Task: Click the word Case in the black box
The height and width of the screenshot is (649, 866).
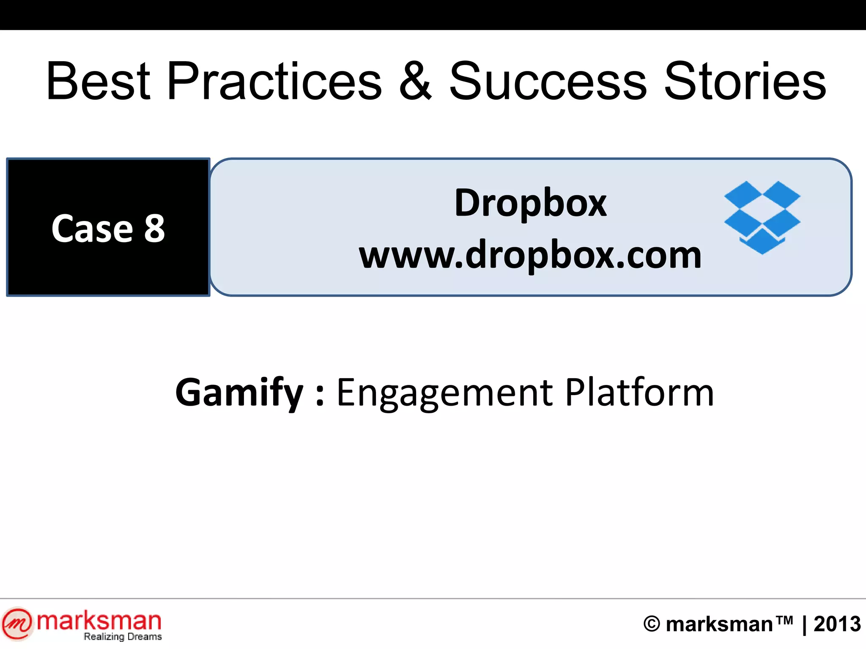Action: point(92,229)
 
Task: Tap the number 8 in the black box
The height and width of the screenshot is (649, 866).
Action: point(154,229)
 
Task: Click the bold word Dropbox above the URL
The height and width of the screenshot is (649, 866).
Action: point(530,203)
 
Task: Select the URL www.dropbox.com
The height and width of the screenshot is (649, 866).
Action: point(530,255)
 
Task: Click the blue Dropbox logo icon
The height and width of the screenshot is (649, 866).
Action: point(762,217)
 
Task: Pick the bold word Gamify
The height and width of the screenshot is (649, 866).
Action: point(239,393)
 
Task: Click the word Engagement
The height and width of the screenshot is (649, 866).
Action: point(444,393)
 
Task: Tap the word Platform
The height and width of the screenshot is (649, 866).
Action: point(639,393)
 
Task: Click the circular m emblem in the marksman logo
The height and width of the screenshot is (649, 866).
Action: point(17,624)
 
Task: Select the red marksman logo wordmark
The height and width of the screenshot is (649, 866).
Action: point(99,621)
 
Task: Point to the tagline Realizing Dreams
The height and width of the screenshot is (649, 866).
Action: point(123,637)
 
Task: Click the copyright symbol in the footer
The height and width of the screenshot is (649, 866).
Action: point(651,624)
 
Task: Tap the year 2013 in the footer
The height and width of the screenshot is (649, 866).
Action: point(837,624)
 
